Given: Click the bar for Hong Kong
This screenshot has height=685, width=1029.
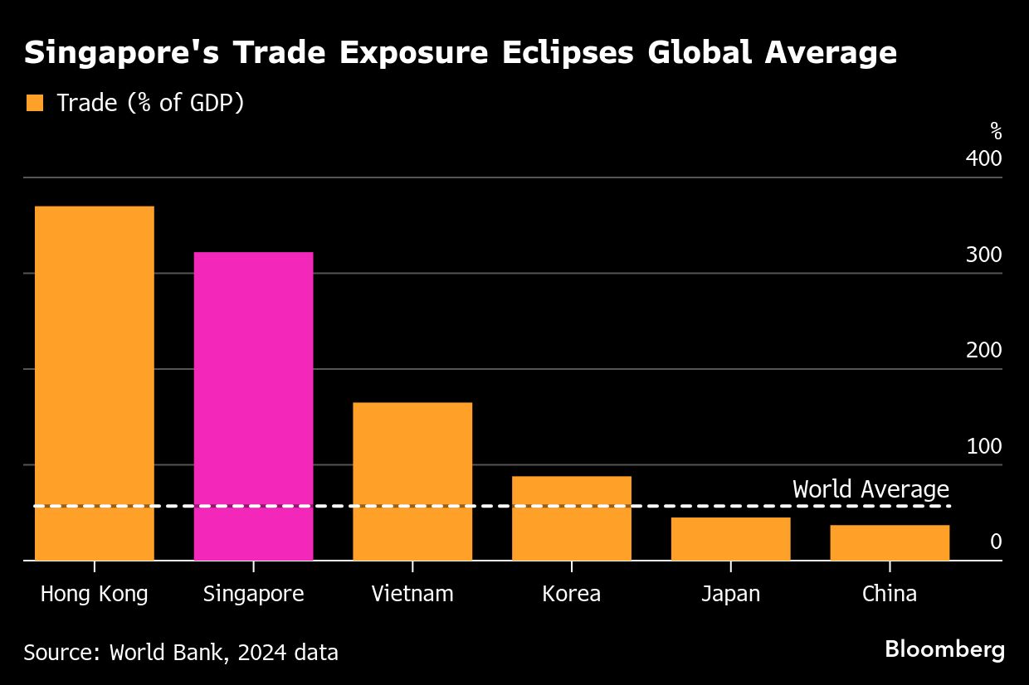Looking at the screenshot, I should point(95,383).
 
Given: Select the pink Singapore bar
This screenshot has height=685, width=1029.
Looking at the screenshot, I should point(253,406).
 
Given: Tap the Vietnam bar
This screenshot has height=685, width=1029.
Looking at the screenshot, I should point(412,481).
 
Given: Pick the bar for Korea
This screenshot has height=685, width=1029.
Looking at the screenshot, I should point(571,518).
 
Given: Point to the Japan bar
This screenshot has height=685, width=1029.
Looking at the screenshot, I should point(730,539).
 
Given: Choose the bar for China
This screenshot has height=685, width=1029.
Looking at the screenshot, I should point(890,542).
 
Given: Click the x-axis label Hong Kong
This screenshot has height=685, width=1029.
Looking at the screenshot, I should point(95,595).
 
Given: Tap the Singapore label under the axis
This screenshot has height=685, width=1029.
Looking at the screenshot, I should point(253,595).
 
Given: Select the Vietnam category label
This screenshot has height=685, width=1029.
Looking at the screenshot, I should point(412,595).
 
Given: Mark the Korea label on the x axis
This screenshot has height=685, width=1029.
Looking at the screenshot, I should point(571,595).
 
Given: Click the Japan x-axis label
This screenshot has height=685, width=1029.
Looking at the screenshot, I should point(730,595).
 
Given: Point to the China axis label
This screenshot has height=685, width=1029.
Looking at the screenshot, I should point(890,595).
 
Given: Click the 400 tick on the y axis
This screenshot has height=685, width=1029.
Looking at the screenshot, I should point(983,158).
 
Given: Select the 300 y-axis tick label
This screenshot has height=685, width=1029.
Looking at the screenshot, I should point(983,255).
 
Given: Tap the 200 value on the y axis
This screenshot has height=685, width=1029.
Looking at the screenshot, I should point(983,350).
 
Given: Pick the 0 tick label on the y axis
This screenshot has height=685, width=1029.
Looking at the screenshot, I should point(996,542).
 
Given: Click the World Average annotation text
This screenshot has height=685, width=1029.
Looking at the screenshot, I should point(871,489).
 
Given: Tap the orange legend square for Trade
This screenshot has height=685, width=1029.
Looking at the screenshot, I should point(34,104).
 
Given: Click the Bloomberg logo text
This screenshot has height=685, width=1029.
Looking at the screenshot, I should point(944,649).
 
